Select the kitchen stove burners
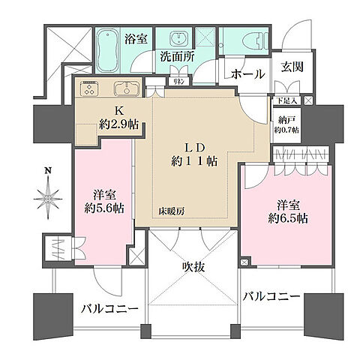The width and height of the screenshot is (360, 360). click(x=89, y=90)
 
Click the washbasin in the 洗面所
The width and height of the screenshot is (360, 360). click(x=181, y=42)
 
